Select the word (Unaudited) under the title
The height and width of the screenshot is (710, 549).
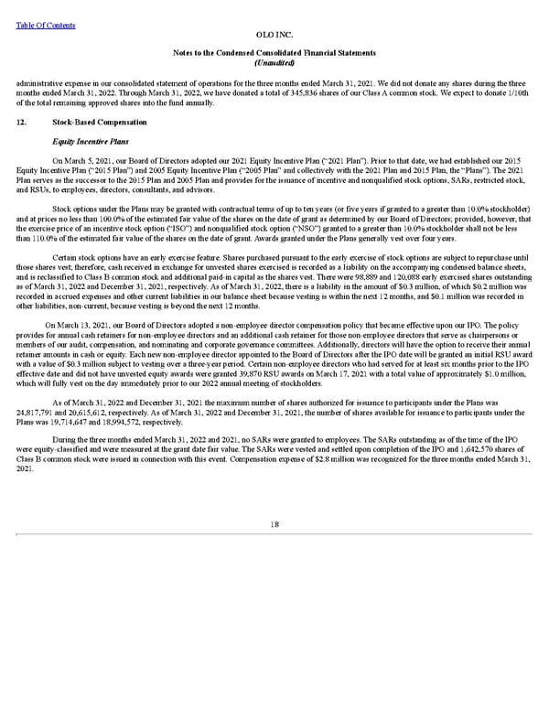pyautogui.click(x=274, y=62)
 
